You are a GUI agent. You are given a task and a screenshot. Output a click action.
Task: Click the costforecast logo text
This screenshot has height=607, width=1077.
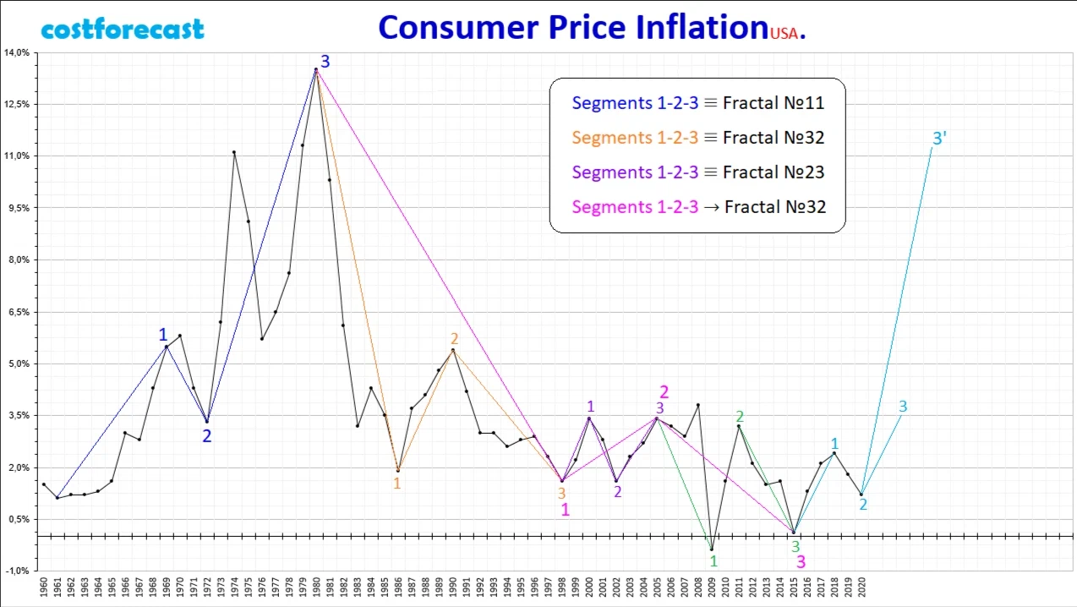tap(123, 30)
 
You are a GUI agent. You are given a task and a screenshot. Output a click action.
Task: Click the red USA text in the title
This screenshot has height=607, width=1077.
tap(783, 34)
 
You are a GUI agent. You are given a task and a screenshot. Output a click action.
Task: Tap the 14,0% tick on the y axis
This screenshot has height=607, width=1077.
tap(17, 52)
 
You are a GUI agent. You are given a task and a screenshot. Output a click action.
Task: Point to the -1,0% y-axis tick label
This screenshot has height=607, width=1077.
tap(17, 571)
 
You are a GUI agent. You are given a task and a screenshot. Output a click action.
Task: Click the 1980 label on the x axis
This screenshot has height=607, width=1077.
tap(316, 587)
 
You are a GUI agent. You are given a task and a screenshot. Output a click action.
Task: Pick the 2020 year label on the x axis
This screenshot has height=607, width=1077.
tap(861, 587)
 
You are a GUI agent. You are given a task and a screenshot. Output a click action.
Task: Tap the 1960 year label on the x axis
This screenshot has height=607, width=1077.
tap(43, 587)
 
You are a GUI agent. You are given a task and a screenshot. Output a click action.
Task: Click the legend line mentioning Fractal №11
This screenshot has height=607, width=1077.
tap(697, 103)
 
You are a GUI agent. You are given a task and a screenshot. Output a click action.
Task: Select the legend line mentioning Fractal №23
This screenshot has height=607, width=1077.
tap(697, 172)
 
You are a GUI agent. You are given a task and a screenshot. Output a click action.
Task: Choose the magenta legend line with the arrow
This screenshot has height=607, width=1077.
tap(697, 206)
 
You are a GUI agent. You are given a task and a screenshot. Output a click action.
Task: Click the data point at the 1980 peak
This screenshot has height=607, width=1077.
tap(316, 69)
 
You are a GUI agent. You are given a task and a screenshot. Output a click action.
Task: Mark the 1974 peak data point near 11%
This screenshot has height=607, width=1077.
tap(234, 152)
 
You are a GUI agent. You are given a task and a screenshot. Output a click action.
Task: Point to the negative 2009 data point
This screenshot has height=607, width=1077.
tap(712, 550)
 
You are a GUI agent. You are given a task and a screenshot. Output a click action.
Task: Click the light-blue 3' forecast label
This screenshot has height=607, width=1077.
tap(938, 138)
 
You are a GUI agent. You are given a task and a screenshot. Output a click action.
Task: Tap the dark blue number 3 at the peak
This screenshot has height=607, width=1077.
tap(325, 62)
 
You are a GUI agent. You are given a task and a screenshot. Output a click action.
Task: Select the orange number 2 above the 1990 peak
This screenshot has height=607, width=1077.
tap(454, 339)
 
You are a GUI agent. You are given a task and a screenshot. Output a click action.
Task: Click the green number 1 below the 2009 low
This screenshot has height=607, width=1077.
tap(713, 561)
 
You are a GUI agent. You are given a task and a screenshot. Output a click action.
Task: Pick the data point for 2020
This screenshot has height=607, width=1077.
tap(861, 495)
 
